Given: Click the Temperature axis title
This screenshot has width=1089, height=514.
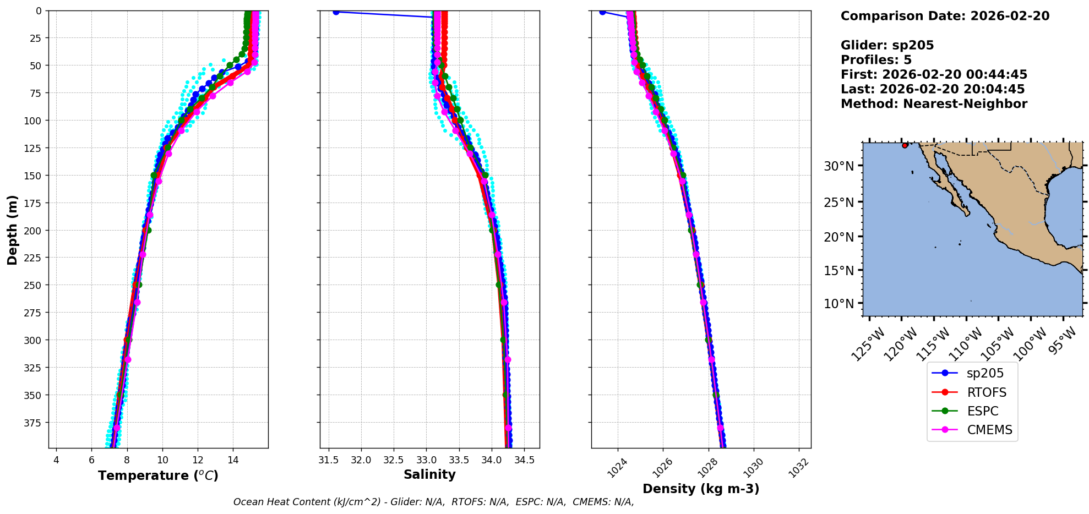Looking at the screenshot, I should point(158,475).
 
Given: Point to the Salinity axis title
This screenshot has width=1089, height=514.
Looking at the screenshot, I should point(429,474).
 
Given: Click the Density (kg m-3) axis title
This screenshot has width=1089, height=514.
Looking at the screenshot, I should point(701,489).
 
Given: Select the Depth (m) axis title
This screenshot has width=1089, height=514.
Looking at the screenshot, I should point(12,229).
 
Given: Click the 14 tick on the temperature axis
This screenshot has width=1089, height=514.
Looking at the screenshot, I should point(233,460).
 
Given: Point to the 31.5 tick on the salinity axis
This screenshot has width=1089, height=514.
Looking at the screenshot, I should point(329,460).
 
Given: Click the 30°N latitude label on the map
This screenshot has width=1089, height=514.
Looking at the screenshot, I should point(838,166).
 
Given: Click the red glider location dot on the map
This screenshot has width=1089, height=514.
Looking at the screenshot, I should point(905,145).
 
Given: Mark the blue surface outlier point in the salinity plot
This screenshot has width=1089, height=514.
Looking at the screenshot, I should point(336,12).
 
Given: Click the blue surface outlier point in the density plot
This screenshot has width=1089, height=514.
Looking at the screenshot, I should point(602,12).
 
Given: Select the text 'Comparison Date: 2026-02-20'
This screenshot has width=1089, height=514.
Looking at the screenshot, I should point(945,16).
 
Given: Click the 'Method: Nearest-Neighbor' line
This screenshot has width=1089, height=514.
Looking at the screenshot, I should point(934,104).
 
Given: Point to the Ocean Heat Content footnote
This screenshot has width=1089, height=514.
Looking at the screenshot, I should point(433,502).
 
